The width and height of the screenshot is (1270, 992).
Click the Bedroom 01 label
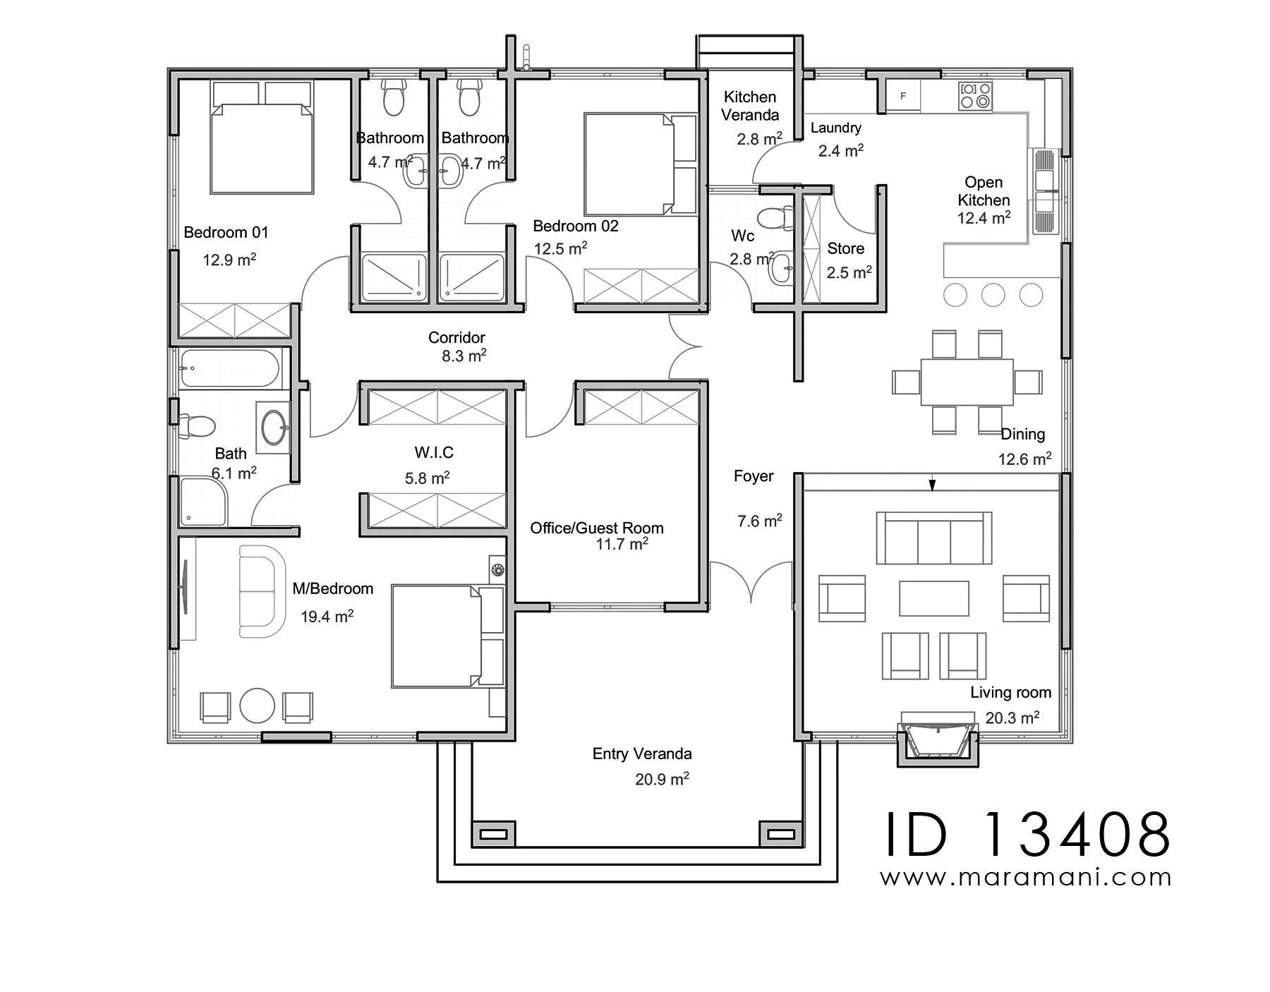click(x=226, y=232)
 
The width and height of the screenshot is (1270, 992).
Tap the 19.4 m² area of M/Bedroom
click(x=327, y=616)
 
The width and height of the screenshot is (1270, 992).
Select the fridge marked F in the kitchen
click(x=903, y=96)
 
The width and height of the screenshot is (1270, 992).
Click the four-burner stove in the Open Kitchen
click(x=975, y=96)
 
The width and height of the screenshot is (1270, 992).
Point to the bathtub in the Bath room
click(x=230, y=368)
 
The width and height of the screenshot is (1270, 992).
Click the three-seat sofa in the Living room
click(x=933, y=538)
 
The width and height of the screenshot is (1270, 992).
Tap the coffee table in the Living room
click(x=933, y=598)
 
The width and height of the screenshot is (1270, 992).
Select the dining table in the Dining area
click(x=967, y=382)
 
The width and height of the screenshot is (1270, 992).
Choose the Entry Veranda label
click(x=642, y=754)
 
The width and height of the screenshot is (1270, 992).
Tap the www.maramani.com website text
click(x=1026, y=877)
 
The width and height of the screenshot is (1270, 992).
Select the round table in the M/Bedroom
click(x=257, y=706)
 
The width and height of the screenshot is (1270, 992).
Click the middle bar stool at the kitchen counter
click(x=993, y=295)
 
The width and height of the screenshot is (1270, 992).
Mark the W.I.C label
click(x=434, y=452)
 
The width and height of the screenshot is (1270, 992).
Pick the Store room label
click(x=845, y=248)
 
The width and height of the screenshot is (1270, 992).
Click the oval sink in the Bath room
click(x=274, y=427)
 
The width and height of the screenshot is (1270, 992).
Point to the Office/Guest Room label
click(x=597, y=528)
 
